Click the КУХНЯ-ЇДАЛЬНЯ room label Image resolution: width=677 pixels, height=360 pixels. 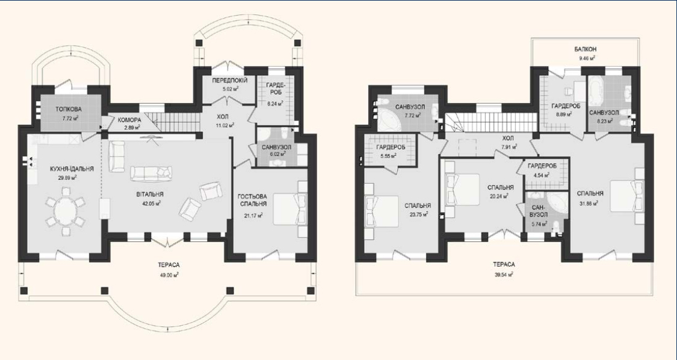click(66, 169)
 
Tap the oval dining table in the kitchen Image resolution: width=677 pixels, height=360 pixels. click(66, 212)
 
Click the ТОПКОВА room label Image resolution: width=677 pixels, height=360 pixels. click(68, 109)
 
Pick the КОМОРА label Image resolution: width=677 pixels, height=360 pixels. click(129, 119)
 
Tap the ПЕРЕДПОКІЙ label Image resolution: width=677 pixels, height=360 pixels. click(230, 81)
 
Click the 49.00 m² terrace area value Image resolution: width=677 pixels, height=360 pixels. click(169, 275)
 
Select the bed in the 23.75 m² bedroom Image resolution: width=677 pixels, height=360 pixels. click(382, 211)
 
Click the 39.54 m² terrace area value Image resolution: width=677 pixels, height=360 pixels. click(505, 275)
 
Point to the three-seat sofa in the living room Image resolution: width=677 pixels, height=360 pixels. click(151, 173)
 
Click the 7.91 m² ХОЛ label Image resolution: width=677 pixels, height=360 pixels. click(508, 138)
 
